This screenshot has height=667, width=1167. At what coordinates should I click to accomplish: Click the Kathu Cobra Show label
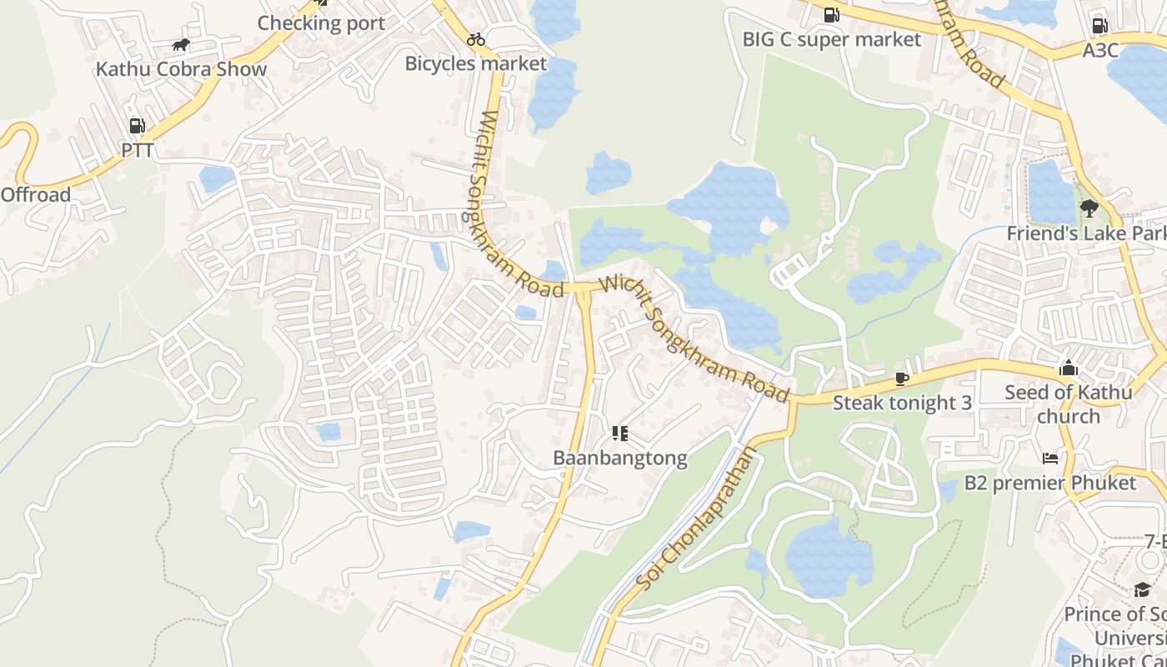[181, 69]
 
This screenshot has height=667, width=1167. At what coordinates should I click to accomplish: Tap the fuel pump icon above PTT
[138, 126]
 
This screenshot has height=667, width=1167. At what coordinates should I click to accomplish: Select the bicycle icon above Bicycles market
[476, 39]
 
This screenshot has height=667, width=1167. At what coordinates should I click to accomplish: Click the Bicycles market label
[476, 63]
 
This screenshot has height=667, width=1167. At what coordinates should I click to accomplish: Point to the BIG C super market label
[832, 39]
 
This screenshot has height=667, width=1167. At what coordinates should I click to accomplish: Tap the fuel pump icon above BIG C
[831, 15]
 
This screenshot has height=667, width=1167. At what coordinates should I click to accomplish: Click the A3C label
[1099, 51]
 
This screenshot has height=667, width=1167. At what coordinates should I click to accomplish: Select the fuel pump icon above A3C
[1099, 27]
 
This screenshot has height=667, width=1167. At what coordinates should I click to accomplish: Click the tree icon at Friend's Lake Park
[1089, 208]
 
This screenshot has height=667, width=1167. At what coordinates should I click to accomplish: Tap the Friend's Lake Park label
[1085, 233]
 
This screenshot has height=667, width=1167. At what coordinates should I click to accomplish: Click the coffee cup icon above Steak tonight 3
[901, 379]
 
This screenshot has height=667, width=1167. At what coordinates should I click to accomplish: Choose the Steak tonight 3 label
[902, 403]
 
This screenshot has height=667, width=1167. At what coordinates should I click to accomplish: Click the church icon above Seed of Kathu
[1069, 368]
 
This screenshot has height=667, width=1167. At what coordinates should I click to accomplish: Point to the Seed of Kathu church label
[1069, 404]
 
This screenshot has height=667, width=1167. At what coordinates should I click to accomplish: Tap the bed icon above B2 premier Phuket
[1050, 458]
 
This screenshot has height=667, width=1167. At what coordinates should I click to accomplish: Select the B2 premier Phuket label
[1049, 483]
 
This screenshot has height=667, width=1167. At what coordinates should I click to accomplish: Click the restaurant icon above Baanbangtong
[619, 433]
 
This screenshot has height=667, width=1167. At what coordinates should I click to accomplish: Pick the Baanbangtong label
[620, 458]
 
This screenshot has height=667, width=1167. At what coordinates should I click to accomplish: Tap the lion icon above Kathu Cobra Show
[181, 45]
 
